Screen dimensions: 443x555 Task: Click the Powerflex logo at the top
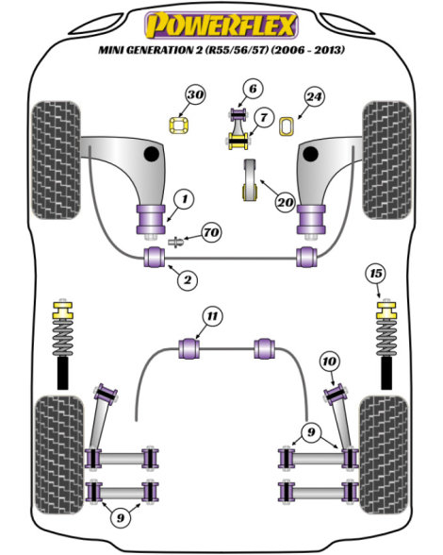[221, 25]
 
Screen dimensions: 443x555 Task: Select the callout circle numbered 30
[195, 94]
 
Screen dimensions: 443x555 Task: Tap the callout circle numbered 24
[314, 96]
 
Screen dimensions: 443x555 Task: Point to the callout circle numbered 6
[254, 89]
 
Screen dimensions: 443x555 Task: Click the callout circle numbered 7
[263, 117]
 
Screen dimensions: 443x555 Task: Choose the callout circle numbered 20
[286, 202]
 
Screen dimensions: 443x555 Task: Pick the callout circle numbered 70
[211, 232]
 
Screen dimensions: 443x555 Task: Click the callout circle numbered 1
[184, 199]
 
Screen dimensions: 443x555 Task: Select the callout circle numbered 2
[187, 280]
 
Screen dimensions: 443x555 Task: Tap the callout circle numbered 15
[375, 274]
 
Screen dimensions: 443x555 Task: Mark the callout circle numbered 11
[212, 315]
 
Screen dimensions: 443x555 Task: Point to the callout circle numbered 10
[329, 362]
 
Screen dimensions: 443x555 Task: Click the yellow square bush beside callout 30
[178, 126]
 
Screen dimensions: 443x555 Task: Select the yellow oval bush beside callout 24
[287, 126]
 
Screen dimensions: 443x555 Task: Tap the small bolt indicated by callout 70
[175, 243]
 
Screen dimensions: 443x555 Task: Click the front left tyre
[56, 160]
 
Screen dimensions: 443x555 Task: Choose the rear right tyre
[384, 455]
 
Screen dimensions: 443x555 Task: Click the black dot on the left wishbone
[152, 154]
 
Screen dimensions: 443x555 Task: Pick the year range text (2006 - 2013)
[307, 50]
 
